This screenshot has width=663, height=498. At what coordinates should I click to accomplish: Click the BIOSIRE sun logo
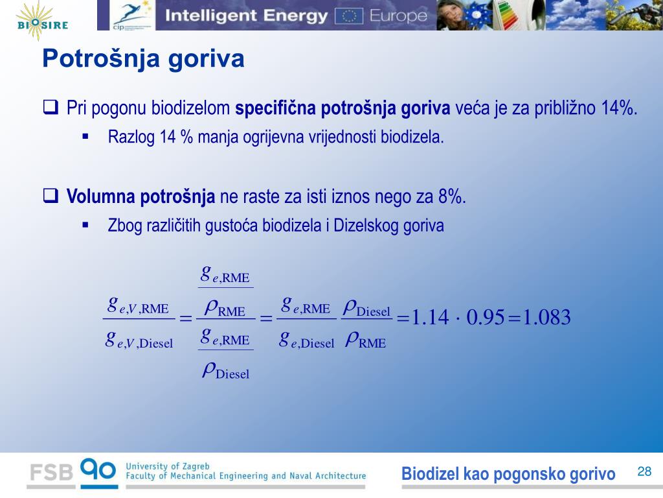click(41, 21)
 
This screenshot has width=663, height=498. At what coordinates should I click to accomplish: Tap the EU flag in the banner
click(349, 16)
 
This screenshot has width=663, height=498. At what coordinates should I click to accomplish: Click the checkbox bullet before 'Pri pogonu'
click(51, 107)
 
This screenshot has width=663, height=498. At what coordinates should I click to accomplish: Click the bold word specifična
click(275, 108)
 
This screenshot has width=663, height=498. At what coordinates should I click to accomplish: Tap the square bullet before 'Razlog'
click(85, 136)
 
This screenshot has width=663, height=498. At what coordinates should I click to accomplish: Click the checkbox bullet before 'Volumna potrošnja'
click(51, 196)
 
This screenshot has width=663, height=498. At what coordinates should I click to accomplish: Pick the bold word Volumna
click(100, 196)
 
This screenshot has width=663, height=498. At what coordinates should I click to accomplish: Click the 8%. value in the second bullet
click(452, 196)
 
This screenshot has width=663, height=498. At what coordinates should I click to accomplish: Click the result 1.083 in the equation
click(546, 317)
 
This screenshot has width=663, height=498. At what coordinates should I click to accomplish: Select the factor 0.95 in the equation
click(486, 317)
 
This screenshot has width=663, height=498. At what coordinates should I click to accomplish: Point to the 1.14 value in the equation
click(430, 317)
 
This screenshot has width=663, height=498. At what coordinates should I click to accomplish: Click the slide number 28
click(644, 471)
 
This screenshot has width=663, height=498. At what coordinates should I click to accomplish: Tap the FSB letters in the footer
click(51, 472)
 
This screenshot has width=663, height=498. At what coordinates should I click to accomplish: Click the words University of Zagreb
click(168, 466)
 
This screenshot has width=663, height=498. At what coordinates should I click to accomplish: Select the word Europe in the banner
click(398, 16)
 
